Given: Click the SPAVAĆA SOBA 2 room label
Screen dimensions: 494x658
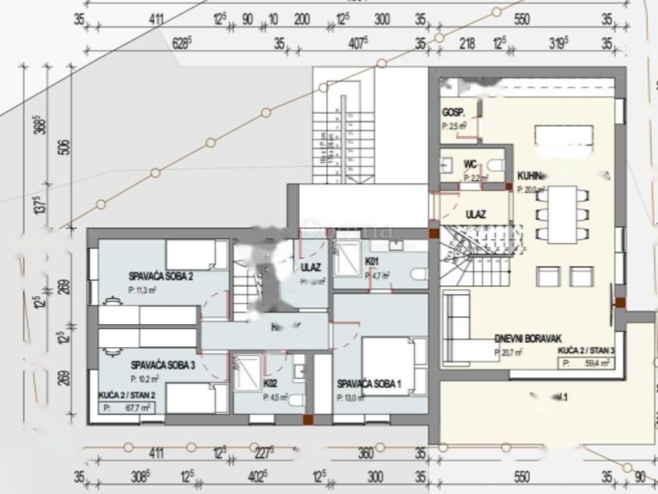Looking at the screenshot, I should [161, 277].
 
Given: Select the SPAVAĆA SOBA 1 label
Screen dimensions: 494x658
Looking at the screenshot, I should [369, 384].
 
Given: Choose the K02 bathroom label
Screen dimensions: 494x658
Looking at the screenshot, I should [270, 383].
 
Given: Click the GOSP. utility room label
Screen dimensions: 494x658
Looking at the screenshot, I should [453, 113].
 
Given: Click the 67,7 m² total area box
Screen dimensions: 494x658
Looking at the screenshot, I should [125, 407].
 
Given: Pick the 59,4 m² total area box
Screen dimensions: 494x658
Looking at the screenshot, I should [584, 363].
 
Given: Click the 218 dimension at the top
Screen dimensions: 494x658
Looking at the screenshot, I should [467, 44].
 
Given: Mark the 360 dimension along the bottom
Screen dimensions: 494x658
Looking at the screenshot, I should [365, 453].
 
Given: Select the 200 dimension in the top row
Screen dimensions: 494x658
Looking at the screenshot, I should [301, 20].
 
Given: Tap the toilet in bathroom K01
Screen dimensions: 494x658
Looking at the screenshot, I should [418, 275].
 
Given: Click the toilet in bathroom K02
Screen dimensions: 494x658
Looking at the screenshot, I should [296, 401].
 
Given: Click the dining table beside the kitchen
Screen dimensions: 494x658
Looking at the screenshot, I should [562, 214].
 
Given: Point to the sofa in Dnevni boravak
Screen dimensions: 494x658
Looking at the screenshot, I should [458, 328].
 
